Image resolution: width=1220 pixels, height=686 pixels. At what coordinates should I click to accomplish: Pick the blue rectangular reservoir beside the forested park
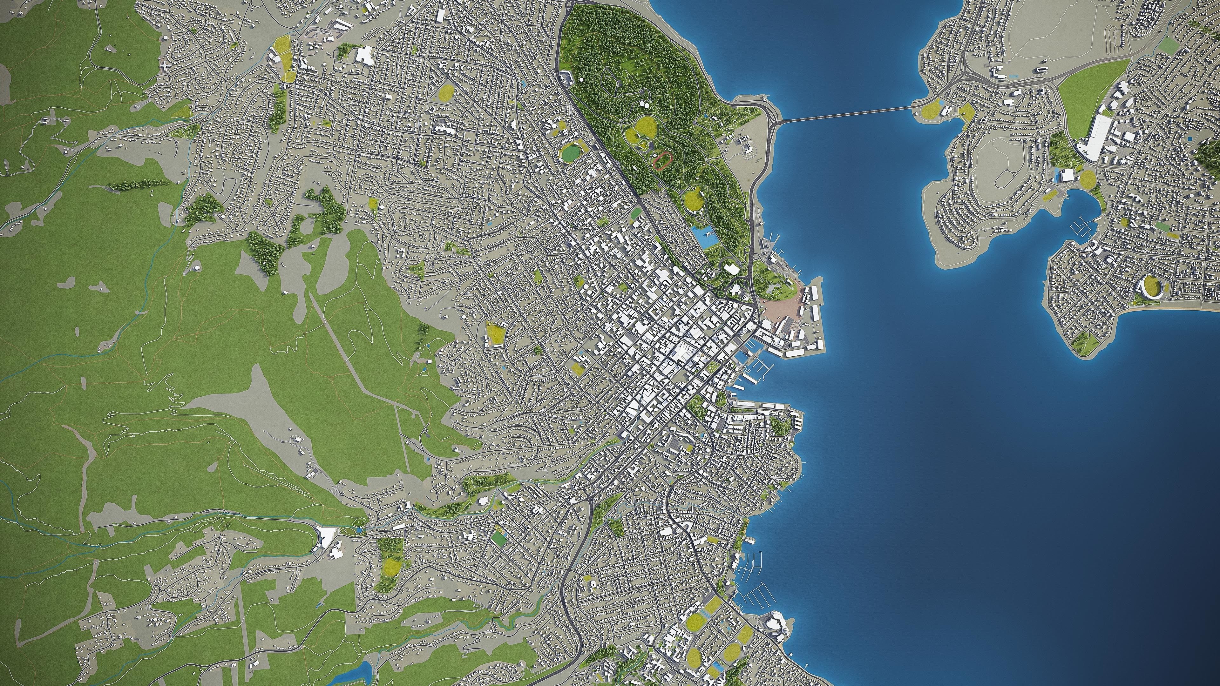pos(704,235)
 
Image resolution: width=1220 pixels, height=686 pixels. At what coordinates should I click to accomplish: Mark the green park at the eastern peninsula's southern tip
pos(1082,342)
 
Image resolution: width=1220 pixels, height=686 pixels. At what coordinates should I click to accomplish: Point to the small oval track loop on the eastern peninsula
pos(1003,179)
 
